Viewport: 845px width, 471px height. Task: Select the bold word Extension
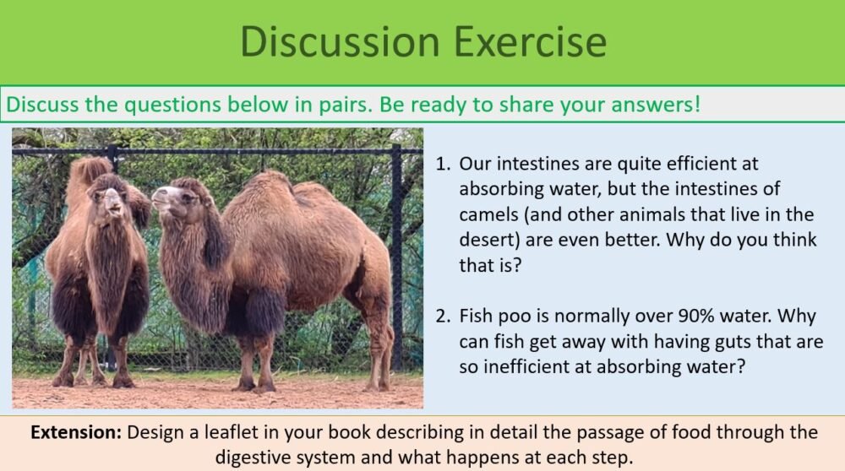(77, 433)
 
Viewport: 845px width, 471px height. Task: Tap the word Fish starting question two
(477, 317)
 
